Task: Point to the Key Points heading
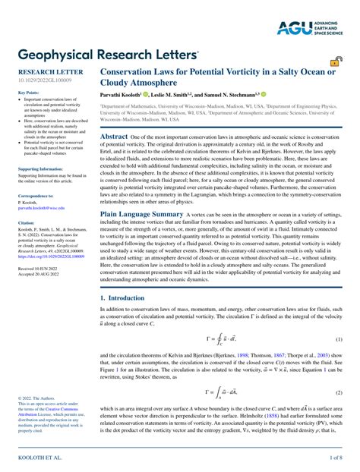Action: point(29,93)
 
